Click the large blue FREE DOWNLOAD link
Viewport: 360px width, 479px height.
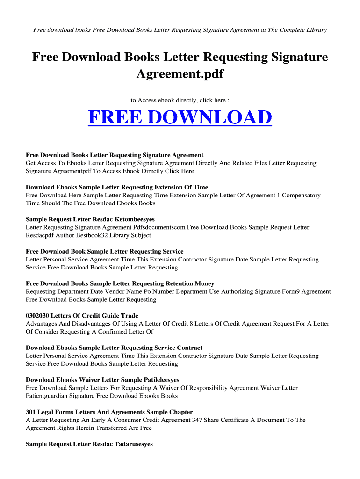[x=180, y=117]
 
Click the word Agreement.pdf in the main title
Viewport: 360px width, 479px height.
[x=180, y=74]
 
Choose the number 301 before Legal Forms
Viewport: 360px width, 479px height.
[x=31, y=412]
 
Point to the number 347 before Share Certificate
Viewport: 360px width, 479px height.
[x=197, y=420]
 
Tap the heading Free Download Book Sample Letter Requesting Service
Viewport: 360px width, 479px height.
[x=104, y=252]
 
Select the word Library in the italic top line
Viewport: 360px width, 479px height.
[x=316, y=30]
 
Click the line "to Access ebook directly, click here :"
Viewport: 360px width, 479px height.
[x=180, y=100]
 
